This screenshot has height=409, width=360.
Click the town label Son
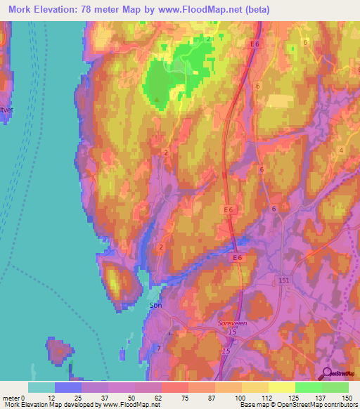pos(155,306)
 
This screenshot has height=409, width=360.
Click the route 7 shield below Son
pos(158,348)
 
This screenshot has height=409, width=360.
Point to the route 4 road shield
pos(341,150)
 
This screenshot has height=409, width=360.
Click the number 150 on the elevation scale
pos(346,398)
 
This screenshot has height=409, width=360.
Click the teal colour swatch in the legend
pos(41,387)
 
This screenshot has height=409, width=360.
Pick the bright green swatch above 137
pos(308,387)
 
